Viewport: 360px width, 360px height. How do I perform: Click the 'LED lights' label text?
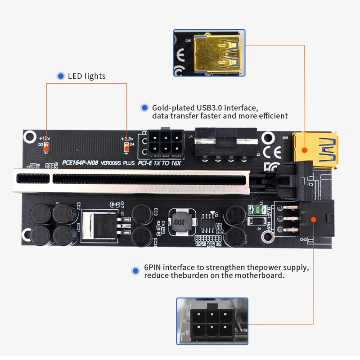coord(86,76)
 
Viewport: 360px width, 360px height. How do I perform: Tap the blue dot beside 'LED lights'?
coord(60,76)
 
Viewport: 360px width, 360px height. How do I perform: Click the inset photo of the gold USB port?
coord(209,53)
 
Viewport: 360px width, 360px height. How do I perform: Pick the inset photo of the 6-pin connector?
coord(212,322)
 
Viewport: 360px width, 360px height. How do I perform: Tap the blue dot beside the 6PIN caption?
coord(135,271)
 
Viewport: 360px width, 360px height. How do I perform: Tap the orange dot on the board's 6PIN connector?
coord(314,219)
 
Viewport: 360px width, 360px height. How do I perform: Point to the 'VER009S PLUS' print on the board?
coord(117,163)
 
